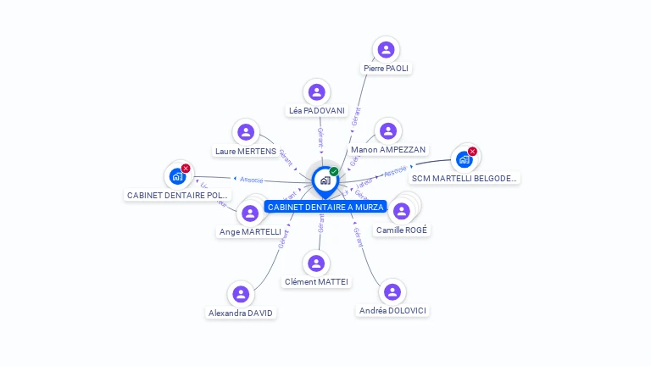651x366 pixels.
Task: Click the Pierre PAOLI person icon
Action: [x=387, y=49]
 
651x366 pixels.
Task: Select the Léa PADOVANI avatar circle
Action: [x=317, y=91]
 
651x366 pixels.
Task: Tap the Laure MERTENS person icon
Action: [x=246, y=132]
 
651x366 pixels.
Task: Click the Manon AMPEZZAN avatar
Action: [x=388, y=130]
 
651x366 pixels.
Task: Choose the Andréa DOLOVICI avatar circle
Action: [x=392, y=291]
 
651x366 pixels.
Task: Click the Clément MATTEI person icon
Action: [x=316, y=263]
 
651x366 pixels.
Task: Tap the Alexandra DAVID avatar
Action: [x=241, y=294]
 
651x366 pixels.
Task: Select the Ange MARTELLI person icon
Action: [x=250, y=213]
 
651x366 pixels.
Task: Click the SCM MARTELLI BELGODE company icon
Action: [x=464, y=159]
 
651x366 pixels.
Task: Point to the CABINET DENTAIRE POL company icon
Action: [x=177, y=176]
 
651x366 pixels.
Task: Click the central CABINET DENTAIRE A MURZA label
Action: [x=325, y=207]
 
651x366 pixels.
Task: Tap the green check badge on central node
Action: [x=334, y=171]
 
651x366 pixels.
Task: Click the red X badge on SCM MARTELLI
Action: [x=472, y=152]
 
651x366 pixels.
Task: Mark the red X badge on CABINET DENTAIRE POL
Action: [x=186, y=169]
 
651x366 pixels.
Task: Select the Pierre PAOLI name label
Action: [x=387, y=68]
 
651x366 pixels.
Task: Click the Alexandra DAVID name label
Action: [x=242, y=313]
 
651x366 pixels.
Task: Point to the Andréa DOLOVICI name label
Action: [x=392, y=310]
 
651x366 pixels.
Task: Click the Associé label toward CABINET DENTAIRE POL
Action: [x=252, y=180]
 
